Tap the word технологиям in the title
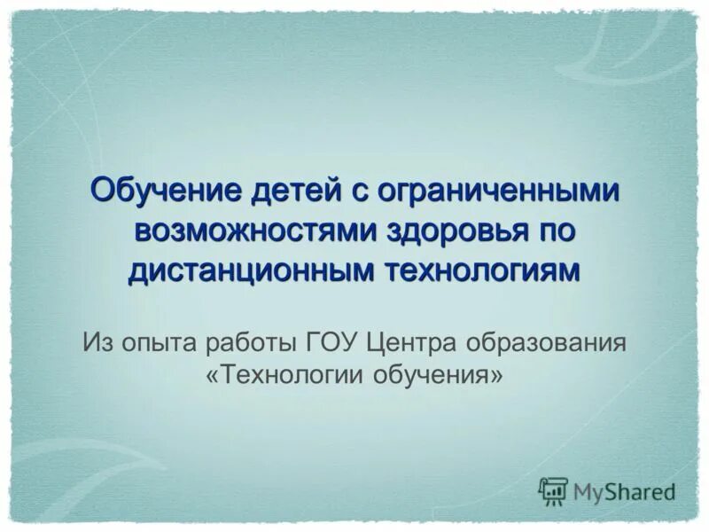(x=484, y=270)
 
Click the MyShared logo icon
(x=553, y=490)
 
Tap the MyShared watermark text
(x=623, y=491)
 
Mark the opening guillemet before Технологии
(x=212, y=376)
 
